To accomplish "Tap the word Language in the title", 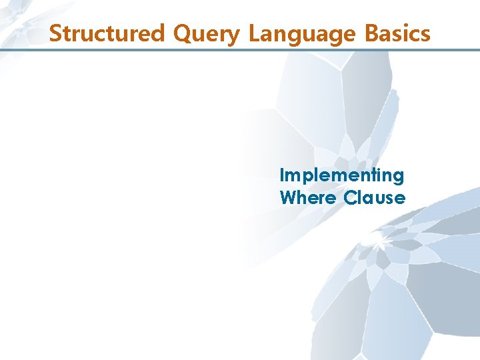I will point(299,34).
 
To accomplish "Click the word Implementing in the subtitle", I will point(342,176).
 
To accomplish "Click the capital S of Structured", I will point(55,33).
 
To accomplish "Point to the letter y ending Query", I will point(233,36).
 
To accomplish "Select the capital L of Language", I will point(253,33).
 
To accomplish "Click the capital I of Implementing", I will point(283,175).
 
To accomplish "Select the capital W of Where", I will point(289,197).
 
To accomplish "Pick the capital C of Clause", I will point(351,197).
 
